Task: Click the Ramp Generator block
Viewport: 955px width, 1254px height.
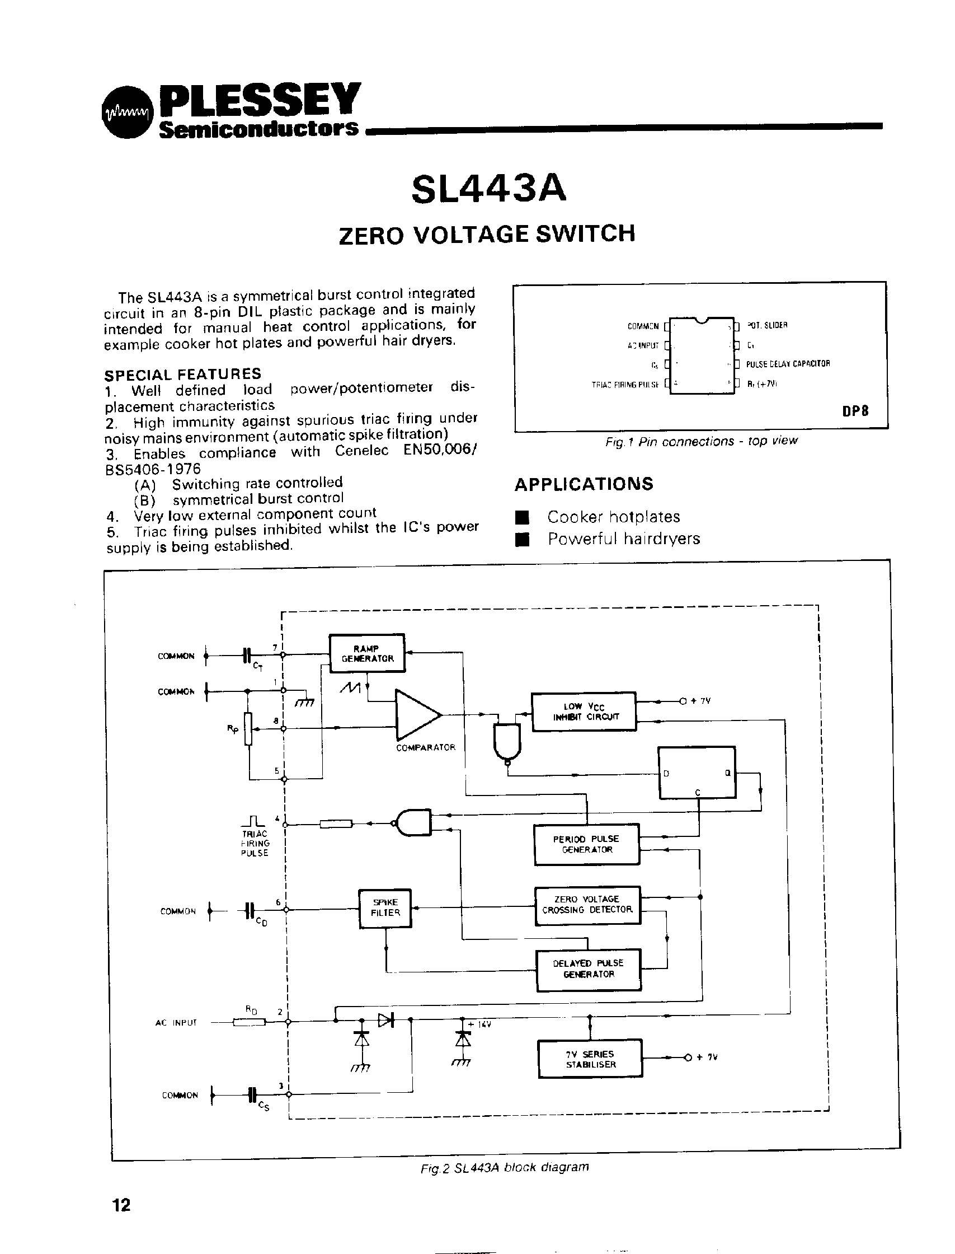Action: coord(367,653)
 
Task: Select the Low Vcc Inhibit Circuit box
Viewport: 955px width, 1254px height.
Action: coord(583,712)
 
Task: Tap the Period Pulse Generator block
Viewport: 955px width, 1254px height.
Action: coord(586,844)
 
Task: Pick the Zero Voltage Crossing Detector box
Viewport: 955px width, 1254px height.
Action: coord(587,905)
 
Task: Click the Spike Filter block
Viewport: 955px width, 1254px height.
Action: coord(385,908)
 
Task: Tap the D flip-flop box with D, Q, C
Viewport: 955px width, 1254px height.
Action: coord(697,773)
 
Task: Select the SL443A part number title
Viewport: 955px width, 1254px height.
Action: coord(489,188)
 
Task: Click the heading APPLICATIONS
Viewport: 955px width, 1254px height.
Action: coord(584,484)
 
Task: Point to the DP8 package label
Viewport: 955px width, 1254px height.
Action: coord(855,410)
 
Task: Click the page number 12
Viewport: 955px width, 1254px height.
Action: coord(121,1205)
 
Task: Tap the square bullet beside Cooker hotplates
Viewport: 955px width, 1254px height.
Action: coord(523,517)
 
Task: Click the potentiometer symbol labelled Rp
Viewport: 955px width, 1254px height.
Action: coord(248,728)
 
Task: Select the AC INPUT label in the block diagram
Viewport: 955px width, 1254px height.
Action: coord(176,1022)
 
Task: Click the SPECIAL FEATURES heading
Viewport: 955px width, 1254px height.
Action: coord(182,374)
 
